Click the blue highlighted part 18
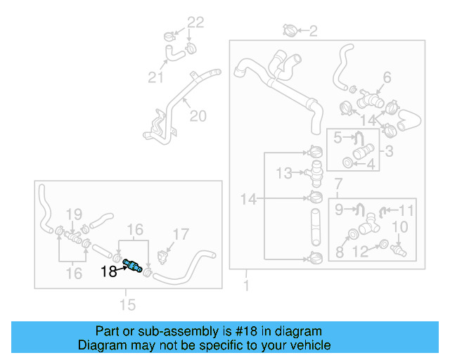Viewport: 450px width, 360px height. coord(132,265)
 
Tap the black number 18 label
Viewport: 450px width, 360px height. coord(109,271)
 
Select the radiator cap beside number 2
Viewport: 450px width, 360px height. coord(290,30)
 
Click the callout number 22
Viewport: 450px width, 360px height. coord(195,22)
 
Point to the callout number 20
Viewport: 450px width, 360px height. coord(198,115)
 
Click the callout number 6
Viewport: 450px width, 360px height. coord(386,77)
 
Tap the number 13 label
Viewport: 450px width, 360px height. coord(283,172)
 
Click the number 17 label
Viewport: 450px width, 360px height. coord(181,235)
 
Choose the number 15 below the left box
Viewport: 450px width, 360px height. coord(128,304)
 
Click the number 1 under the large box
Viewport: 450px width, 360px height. coord(246,286)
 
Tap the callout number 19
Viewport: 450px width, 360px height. coord(74,214)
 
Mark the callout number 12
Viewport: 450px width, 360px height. coord(359,251)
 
